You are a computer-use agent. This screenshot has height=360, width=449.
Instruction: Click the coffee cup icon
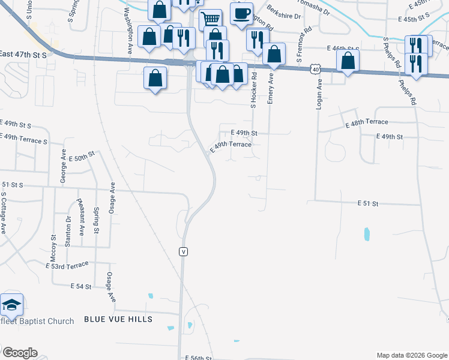tap(241, 13)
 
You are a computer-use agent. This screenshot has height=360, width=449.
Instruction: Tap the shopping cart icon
tap(210, 20)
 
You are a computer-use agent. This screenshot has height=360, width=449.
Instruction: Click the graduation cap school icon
tap(11, 305)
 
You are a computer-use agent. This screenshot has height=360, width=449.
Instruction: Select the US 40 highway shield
tap(315, 70)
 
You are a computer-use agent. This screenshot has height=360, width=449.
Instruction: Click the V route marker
tap(183, 252)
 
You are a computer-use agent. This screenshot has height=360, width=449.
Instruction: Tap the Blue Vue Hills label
tap(118, 319)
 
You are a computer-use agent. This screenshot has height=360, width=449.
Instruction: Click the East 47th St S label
tap(23, 53)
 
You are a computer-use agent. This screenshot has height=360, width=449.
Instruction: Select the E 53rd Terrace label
tap(67, 265)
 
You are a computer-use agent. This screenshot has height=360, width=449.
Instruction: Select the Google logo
tap(19, 353)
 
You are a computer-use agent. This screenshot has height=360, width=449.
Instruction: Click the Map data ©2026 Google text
tap(411, 355)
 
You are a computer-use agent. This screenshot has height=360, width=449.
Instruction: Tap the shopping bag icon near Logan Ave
tap(348, 61)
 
